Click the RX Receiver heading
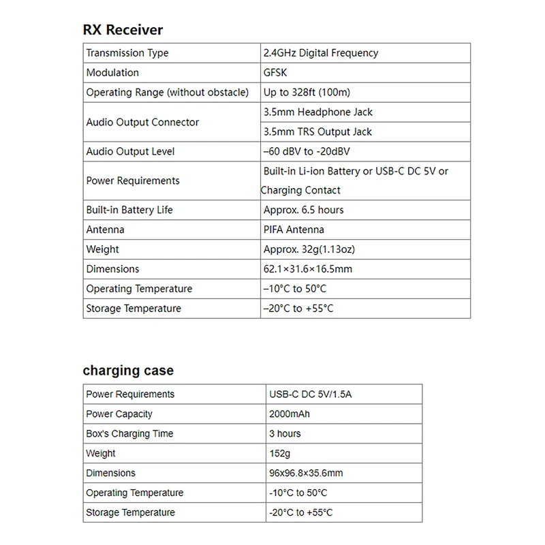click(123, 30)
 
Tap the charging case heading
click(128, 371)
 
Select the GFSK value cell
click(276, 73)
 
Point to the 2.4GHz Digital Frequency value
click(320, 53)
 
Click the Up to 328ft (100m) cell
click(307, 93)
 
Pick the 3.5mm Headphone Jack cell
click(317, 112)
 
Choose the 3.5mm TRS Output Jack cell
click(317, 131)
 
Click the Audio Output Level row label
click(130, 151)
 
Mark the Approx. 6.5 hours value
click(304, 210)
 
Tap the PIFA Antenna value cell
click(294, 230)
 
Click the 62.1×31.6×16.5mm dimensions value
click(308, 269)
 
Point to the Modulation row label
click(112, 73)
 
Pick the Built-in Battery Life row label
click(129, 210)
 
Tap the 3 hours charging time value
click(285, 434)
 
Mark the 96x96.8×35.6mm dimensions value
click(306, 473)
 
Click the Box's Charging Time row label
click(129, 434)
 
